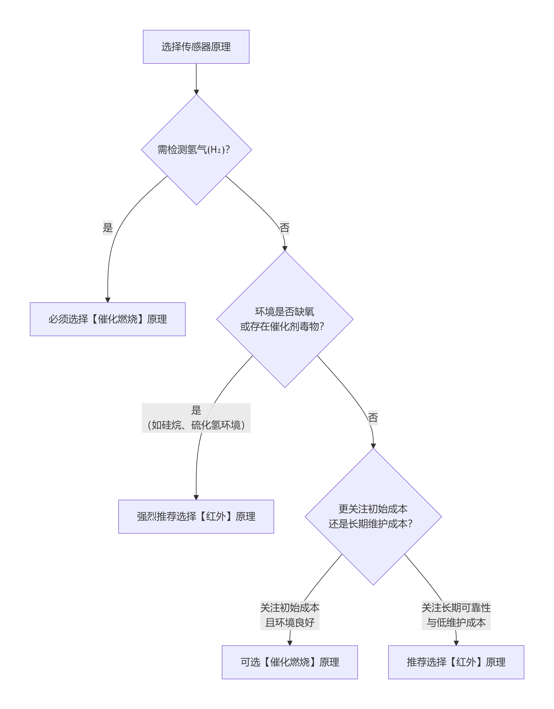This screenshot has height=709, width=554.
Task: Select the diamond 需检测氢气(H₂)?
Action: pyautogui.click(x=196, y=150)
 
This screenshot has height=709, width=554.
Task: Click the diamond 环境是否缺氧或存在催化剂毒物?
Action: pyautogui.click(x=285, y=319)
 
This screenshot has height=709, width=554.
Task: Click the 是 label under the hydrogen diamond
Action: pyautogui.click(x=108, y=228)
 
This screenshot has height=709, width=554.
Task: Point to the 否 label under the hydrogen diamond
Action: pyautogui.click(x=284, y=228)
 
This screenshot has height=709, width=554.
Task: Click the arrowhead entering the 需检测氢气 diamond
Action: pyautogui.click(x=196, y=92)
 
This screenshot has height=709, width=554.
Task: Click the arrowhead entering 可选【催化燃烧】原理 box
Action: pyautogui.click(x=290, y=643)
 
